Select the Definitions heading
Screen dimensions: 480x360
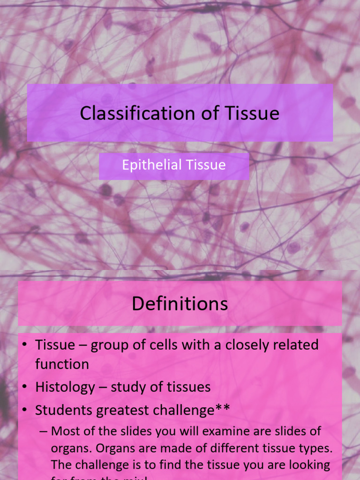[180, 304]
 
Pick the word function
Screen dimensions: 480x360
[62, 364]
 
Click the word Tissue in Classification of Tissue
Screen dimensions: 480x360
[253, 113]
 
